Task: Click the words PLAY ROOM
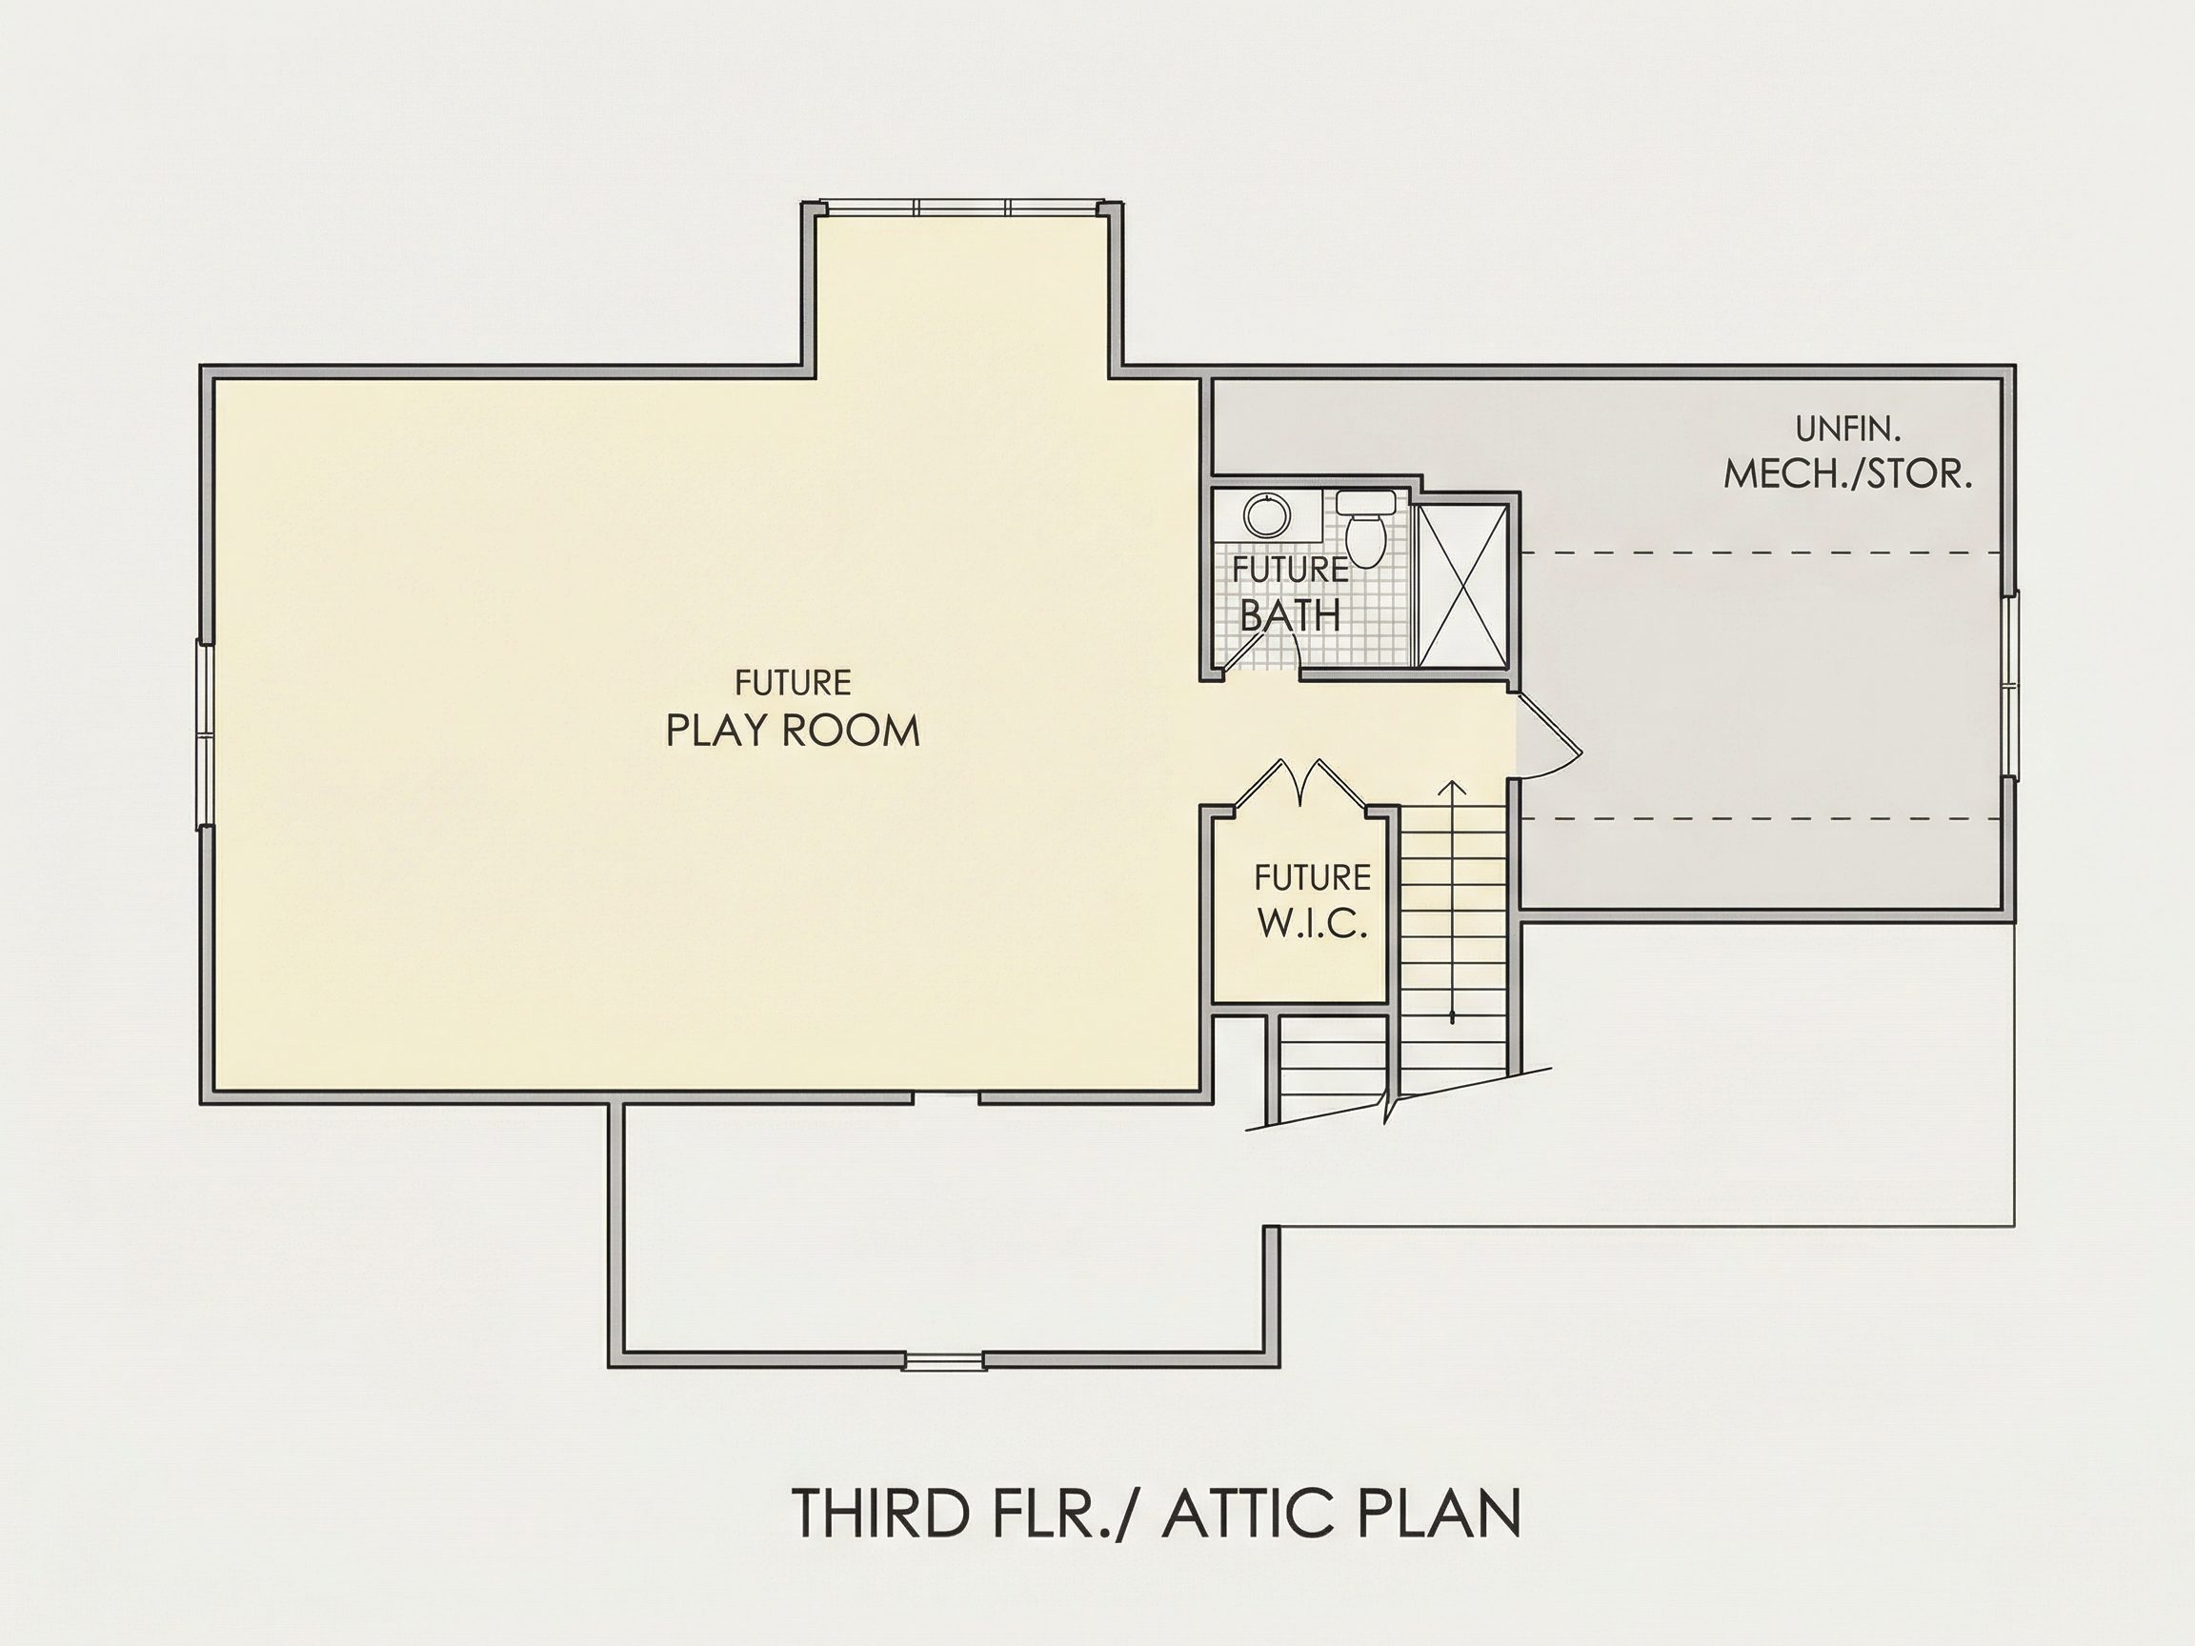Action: pos(792,731)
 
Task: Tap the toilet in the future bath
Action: pos(1365,529)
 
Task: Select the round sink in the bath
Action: pos(1267,516)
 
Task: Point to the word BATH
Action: pos(1290,616)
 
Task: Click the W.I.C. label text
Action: pos(1313,923)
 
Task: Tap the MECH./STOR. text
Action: pos(1847,474)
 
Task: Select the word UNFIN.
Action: pos(1847,429)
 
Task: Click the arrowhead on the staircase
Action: pos(1453,789)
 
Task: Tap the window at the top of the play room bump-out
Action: pos(961,208)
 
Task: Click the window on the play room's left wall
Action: pos(205,734)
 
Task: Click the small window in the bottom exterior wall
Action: pos(944,1361)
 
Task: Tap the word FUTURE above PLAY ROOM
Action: pos(792,683)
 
